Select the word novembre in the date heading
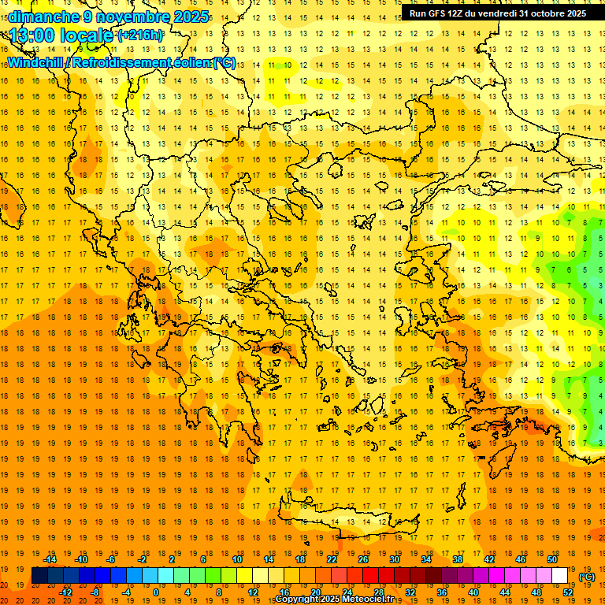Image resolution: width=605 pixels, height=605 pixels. (131, 17)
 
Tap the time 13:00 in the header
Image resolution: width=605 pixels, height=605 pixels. (35, 35)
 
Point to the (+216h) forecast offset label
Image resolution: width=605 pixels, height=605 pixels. (140, 35)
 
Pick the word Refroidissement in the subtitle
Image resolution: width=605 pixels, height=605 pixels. (122, 62)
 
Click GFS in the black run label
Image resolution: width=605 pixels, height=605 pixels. (442, 13)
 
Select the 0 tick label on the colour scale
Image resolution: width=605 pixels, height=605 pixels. (156, 592)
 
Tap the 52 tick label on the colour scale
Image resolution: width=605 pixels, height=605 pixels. (567, 592)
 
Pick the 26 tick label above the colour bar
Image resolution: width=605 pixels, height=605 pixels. (362, 559)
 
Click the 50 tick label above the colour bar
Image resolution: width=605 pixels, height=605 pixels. (551, 559)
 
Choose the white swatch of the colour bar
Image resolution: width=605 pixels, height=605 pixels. (559, 576)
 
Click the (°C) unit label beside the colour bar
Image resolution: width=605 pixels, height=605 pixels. (587, 576)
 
